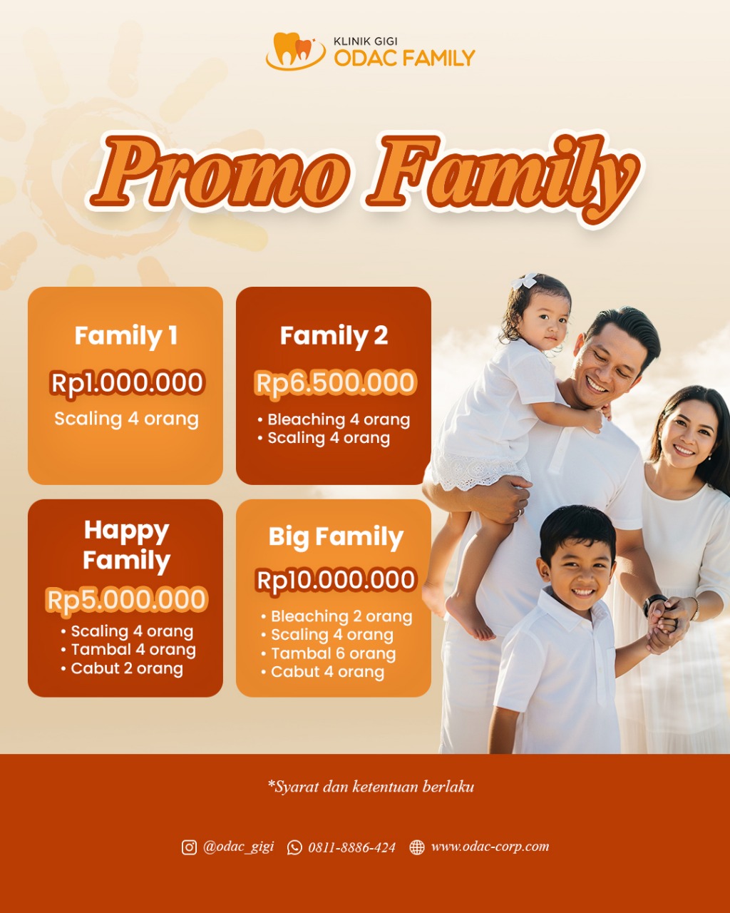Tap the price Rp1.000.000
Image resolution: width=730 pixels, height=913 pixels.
127,383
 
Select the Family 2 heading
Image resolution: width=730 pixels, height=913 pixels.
334,335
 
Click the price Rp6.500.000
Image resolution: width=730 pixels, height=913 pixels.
335,383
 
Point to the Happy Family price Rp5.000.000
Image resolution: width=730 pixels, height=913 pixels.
127,600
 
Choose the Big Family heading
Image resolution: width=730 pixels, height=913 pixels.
336,537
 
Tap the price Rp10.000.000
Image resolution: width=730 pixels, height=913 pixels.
336,580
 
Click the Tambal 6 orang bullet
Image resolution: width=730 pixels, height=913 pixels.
333,653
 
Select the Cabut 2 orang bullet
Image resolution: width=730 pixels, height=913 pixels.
126,669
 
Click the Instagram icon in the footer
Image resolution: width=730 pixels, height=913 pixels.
189,847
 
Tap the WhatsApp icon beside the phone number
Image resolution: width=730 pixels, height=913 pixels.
294,847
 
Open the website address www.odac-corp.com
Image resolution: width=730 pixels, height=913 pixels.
490,847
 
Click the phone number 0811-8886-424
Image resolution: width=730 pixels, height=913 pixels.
351,847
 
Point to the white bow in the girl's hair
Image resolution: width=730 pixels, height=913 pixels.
525,280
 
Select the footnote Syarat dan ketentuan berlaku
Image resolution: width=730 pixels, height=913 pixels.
371,787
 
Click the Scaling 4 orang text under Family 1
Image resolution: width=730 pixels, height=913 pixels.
126,419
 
